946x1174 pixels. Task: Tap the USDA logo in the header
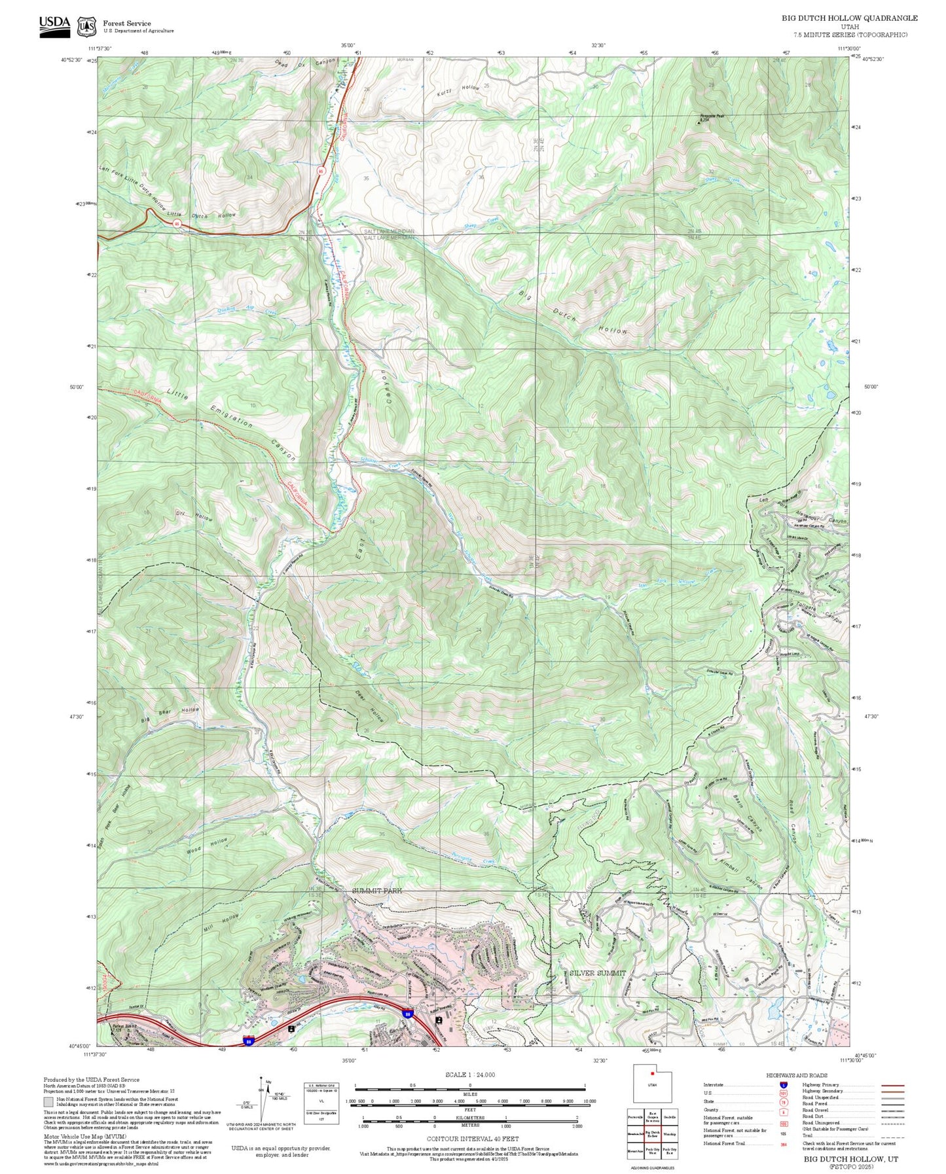point(54,26)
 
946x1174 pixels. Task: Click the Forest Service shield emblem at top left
point(87,26)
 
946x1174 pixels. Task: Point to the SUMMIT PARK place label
point(377,891)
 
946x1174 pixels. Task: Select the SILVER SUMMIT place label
point(597,972)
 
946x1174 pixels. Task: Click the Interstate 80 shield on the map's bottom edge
point(249,1040)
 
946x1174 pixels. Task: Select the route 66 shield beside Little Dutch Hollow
point(177,223)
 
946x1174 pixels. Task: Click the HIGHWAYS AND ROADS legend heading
point(797,1075)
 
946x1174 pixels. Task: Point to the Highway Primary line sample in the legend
point(892,1084)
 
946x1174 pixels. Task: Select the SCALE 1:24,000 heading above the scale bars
point(469,1075)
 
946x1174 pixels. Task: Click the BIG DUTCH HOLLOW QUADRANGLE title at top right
point(849,18)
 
